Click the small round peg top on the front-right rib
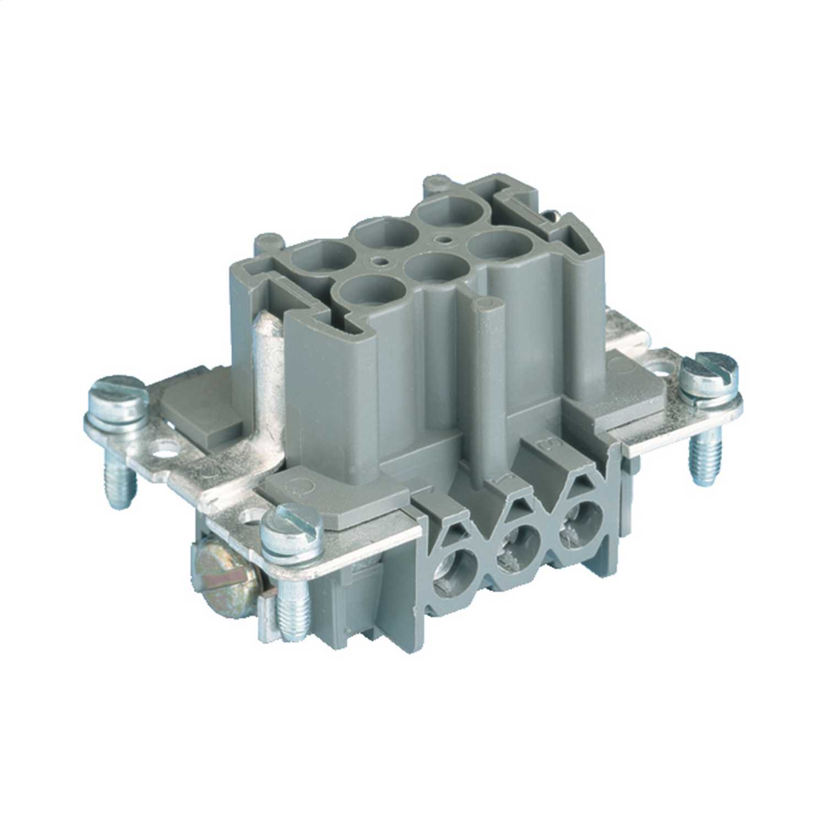pyautogui.click(x=486, y=305)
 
